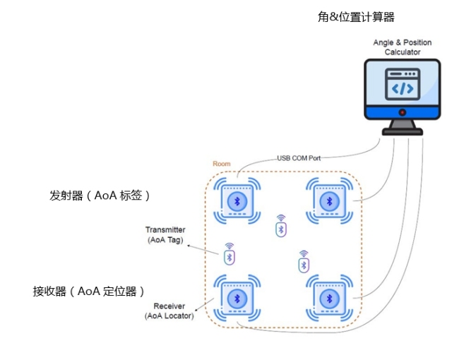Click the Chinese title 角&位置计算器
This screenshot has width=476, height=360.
coord(356,17)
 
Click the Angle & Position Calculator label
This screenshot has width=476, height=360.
coord(402,47)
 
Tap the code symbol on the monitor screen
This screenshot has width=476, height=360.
coord(403,88)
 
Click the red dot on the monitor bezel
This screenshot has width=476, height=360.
coord(402,113)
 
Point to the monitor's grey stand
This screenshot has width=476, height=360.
coord(402,126)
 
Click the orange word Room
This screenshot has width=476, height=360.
coord(221,164)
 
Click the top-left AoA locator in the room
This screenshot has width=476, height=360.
coord(237,201)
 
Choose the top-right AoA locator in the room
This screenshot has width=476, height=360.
coord(328,201)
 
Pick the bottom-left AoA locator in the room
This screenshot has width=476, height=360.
coord(237,299)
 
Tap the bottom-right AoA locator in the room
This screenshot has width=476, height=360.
coord(328,299)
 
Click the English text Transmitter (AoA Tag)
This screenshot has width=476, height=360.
coord(165,235)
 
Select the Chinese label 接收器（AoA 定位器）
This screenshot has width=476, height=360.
coord(88,291)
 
